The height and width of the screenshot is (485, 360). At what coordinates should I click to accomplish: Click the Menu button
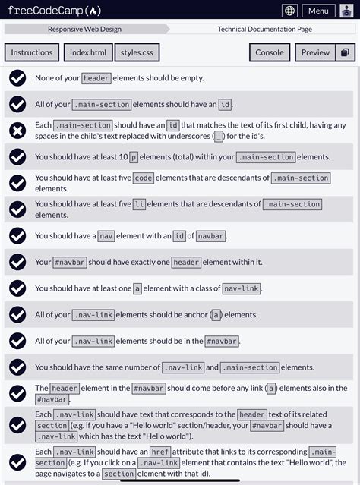pos(318,11)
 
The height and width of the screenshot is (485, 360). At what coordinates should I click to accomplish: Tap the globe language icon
pos(289,11)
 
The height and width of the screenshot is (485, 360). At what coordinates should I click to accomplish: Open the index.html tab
pos(88,52)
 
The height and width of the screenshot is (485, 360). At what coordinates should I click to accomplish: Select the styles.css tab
pos(137,52)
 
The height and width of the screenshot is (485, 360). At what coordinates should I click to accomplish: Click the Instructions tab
pos(32,52)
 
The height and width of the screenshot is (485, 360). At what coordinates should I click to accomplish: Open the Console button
pos(269,52)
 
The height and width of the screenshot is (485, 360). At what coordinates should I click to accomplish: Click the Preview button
pos(315,52)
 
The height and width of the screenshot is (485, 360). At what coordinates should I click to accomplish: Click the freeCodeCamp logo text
pos(54,11)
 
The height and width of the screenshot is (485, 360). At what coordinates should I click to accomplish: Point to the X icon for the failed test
pos(17,131)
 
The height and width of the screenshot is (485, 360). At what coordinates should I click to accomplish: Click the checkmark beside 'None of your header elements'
pos(17,78)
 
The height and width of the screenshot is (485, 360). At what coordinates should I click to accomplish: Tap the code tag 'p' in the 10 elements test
pos(134,157)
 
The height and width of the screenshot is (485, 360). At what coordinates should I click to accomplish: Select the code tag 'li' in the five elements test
pos(138,204)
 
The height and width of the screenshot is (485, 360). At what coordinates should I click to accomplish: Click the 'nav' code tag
pos(106,236)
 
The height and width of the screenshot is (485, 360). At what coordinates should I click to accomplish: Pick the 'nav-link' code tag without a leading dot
pos(241,288)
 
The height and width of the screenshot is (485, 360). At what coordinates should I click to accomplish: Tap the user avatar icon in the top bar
pos(347,11)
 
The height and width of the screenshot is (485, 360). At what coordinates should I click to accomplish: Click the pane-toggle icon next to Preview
pos(344,52)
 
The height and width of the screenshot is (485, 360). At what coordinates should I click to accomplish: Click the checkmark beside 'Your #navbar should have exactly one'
pos(17,262)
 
